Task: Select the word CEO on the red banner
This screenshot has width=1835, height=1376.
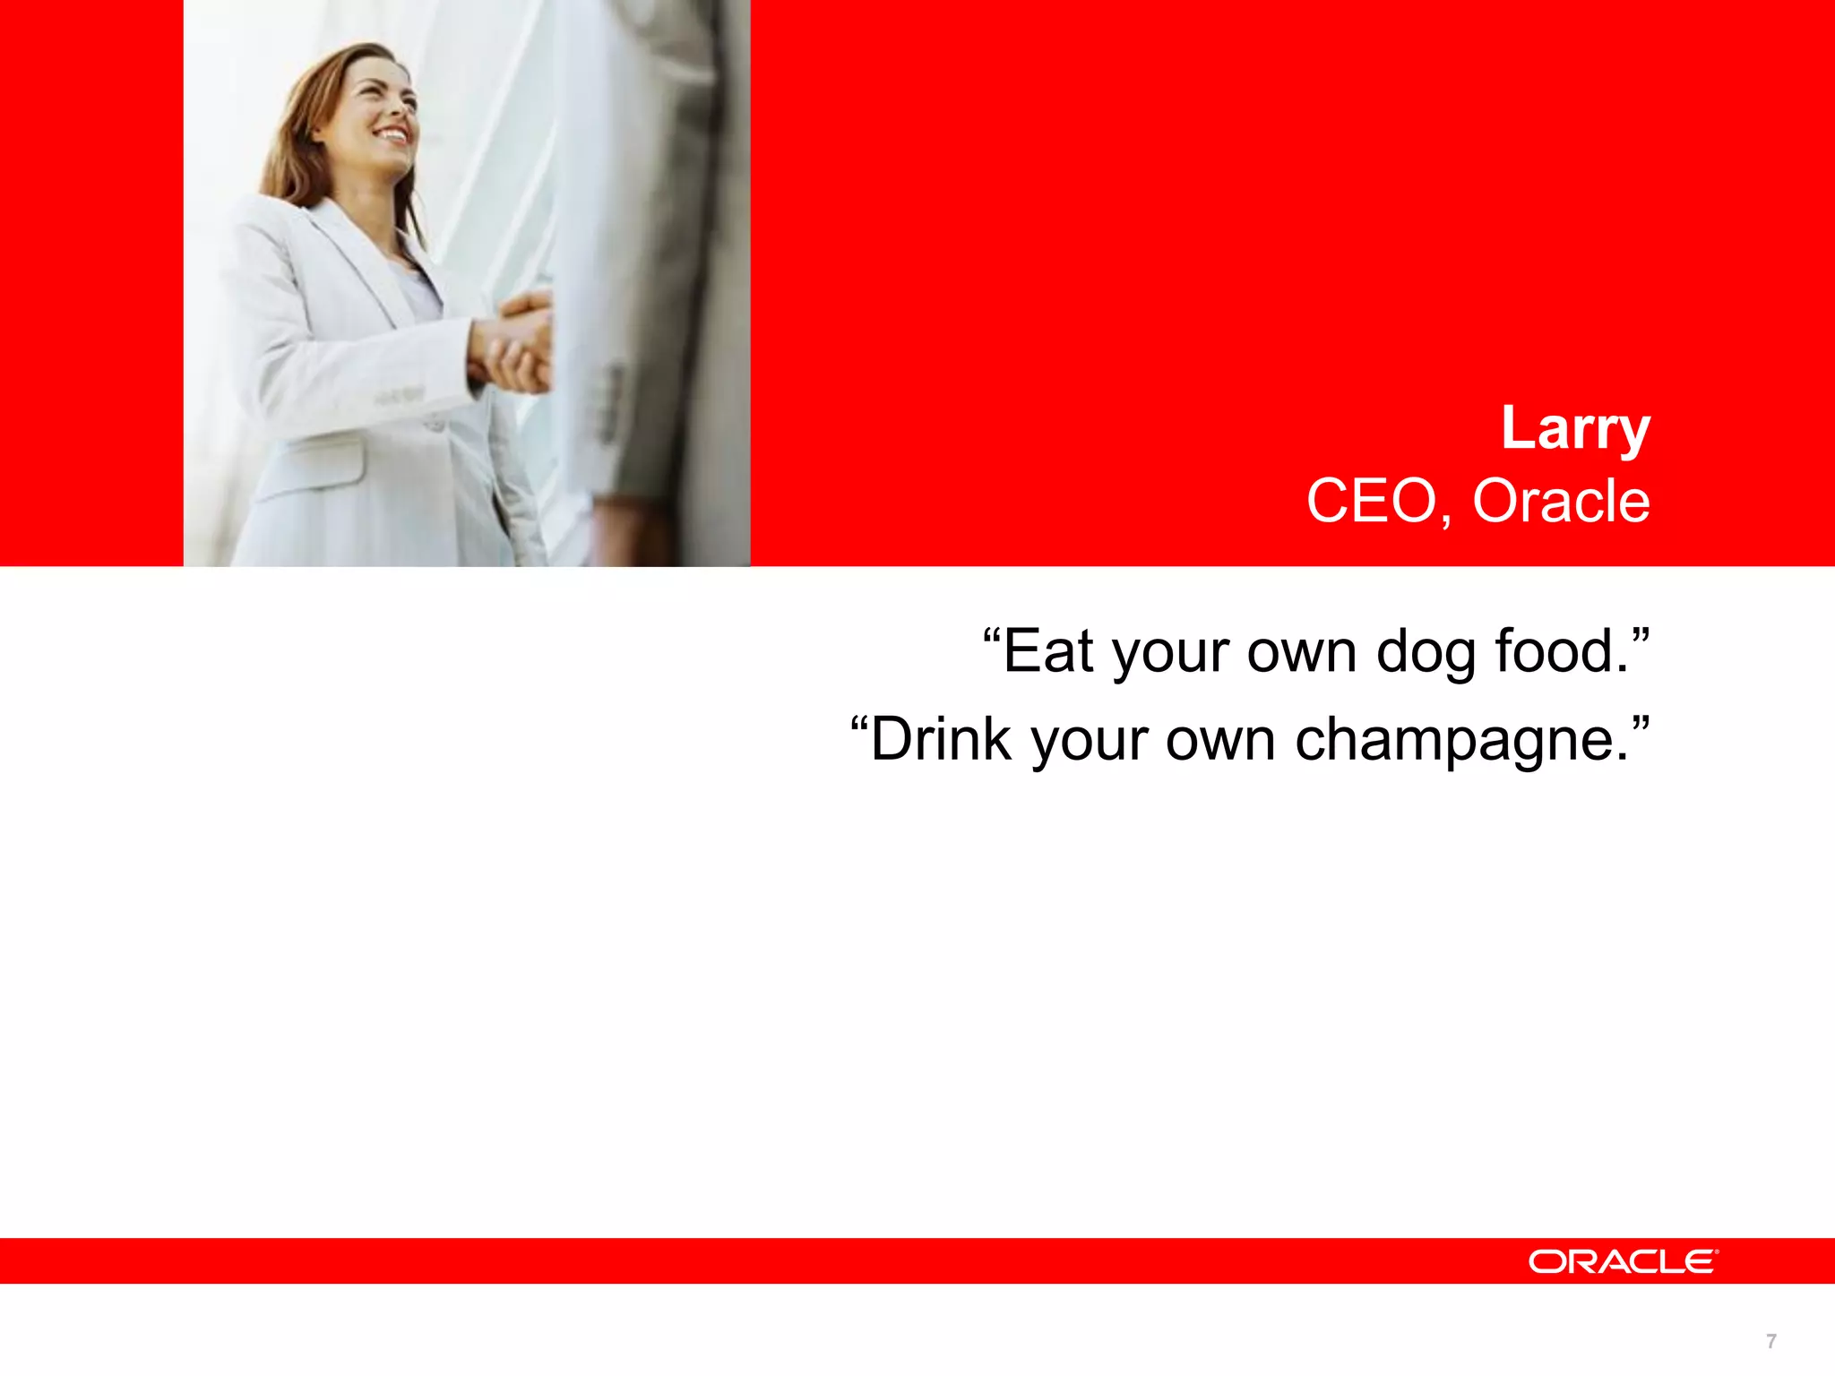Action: [x=1371, y=501]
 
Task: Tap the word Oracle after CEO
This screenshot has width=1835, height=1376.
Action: [x=1561, y=501]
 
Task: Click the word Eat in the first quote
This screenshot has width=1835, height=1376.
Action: [x=1048, y=651]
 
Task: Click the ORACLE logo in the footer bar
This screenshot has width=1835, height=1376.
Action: [x=1623, y=1261]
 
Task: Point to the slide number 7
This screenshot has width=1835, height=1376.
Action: [x=1770, y=1341]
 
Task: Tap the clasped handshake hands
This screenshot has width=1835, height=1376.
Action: [x=515, y=345]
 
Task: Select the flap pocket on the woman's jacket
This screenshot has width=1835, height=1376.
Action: [x=314, y=466]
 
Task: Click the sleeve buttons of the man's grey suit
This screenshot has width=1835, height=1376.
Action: [x=615, y=403]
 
